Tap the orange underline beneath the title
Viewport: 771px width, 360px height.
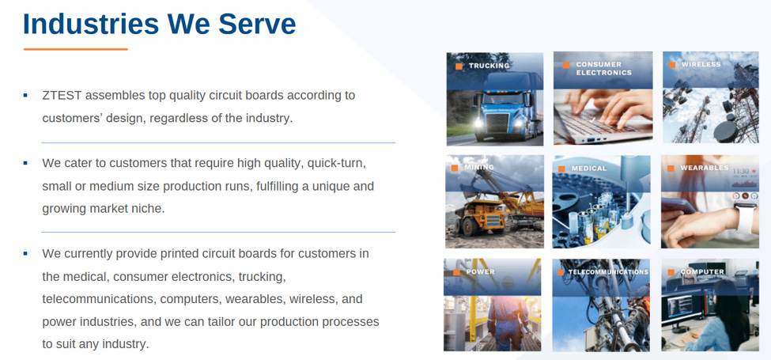76,49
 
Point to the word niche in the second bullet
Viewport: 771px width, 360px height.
148,209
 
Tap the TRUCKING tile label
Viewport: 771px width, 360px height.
489,66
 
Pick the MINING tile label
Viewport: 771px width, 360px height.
478,167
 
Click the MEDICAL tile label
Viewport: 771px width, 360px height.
588,169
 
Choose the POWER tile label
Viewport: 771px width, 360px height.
480,271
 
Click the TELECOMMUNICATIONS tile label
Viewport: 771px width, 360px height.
608,272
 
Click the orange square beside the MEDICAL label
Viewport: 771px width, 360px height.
561,169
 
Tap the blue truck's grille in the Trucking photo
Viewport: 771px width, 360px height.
497,123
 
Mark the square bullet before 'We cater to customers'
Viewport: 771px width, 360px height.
25,163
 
